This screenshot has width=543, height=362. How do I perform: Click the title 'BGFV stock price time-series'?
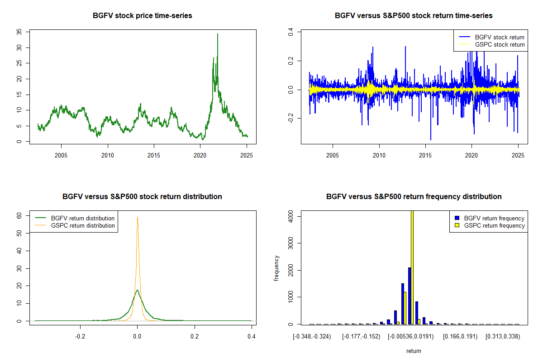point(142,16)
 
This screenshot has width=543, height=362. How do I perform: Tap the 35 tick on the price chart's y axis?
point(19,32)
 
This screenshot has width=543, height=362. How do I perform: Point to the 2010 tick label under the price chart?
point(108,156)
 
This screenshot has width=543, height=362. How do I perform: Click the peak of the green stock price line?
point(218,34)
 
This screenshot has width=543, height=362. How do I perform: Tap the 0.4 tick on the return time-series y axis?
point(291,32)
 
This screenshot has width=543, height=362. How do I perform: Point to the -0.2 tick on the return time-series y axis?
point(291,118)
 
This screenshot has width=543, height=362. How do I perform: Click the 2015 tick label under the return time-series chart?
point(425,156)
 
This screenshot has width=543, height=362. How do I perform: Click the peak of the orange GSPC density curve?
point(138,217)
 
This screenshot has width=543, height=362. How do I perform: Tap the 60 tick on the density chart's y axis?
point(19,216)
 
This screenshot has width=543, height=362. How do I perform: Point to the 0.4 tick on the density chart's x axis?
point(252,337)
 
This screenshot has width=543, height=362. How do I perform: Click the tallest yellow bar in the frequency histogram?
point(412,267)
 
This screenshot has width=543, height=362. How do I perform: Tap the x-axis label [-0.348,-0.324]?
point(312,337)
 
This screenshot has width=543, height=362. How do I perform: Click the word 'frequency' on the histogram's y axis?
point(277,268)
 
